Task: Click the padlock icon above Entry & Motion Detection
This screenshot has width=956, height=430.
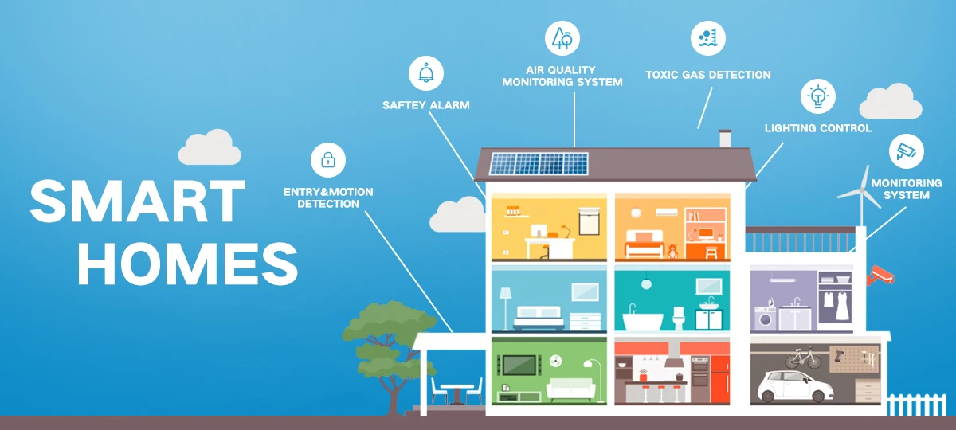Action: (x=327, y=160)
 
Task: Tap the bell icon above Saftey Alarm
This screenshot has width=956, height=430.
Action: (x=426, y=73)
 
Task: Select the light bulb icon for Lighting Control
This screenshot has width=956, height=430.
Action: (x=817, y=96)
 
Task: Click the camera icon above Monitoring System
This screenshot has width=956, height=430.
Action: (x=906, y=151)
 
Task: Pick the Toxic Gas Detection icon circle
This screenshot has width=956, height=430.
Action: (x=708, y=38)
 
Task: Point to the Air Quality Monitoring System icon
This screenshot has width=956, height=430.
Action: (x=562, y=38)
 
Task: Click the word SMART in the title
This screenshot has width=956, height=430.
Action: (x=137, y=201)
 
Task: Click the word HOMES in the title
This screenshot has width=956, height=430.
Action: (x=188, y=264)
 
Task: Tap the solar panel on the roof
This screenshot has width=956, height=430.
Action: (x=539, y=163)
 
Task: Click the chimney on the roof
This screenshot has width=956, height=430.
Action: (x=725, y=139)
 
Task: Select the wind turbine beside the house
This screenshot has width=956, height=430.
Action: (x=861, y=195)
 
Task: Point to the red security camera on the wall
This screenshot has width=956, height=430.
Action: (x=880, y=276)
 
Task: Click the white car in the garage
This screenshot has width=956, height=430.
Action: (x=795, y=386)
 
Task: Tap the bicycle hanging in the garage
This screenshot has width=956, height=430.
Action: (x=803, y=358)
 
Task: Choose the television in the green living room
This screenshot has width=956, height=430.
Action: (x=519, y=365)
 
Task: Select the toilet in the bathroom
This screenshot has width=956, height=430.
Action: (x=679, y=319)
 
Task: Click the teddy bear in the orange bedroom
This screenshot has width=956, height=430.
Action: (x=672, y=252)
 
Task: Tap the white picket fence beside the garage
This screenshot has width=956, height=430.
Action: (x=917, y=405)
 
